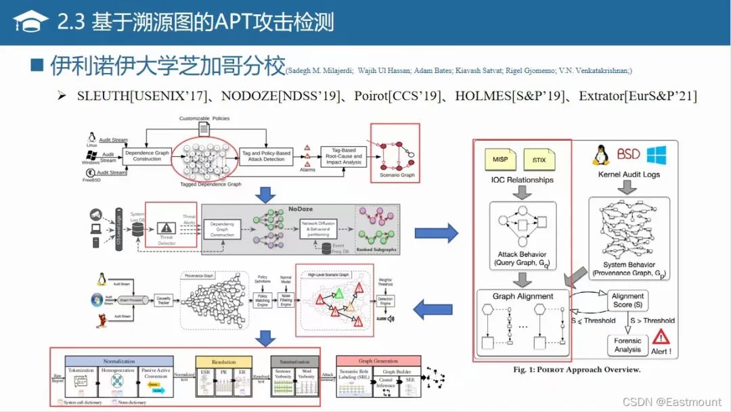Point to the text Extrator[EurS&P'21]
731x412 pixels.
click(638, 97)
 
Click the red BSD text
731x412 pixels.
click(628, 155)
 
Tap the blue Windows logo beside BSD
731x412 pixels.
click(657, 155)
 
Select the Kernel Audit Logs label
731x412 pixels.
click(629, 175)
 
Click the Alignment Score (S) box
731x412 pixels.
click(627, 300)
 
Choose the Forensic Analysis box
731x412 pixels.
click(627, 345)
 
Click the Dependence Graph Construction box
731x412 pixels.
click(147, 155)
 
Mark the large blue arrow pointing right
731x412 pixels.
click(436, 233)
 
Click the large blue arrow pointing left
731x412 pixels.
click(433, 311)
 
